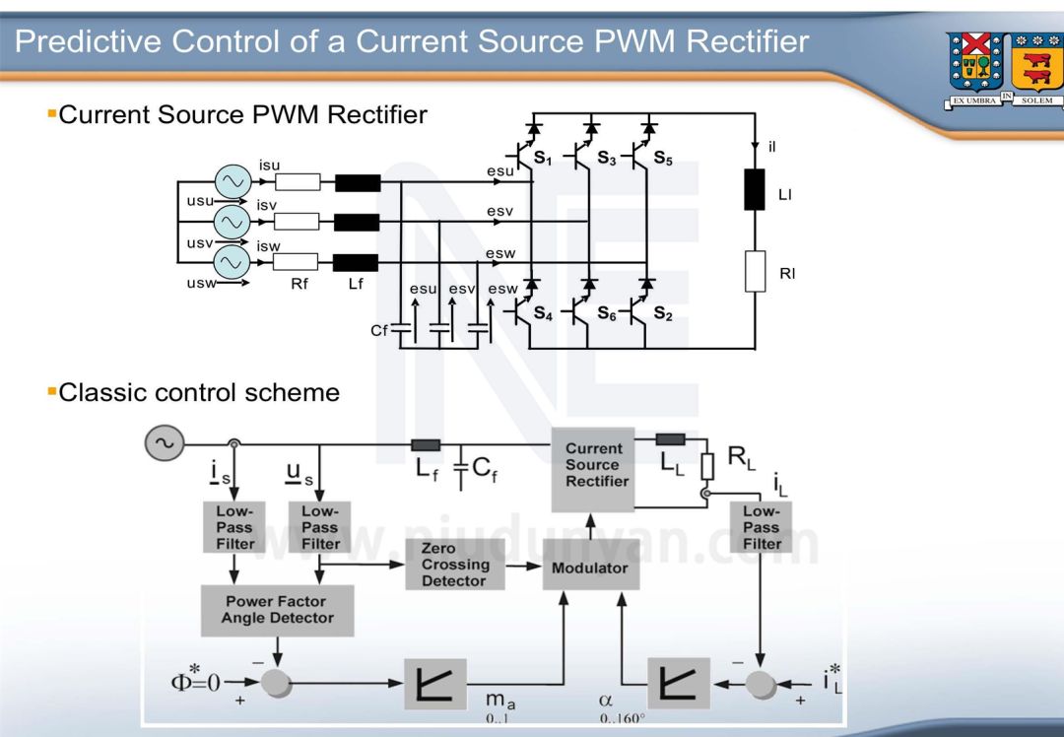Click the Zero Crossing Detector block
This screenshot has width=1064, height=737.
(454, 565)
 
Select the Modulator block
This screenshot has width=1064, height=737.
(589, 568)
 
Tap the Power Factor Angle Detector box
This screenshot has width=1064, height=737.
(277, 610)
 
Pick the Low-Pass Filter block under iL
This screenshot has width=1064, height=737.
(762, 527)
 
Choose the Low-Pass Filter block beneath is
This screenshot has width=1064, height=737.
(234, 527)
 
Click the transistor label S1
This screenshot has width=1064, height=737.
(544, 157)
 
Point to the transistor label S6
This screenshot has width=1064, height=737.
(607, 313)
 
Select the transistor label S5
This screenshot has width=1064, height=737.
(663, 157)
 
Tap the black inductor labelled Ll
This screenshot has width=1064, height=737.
(755, 189)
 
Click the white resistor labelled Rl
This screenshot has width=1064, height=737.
(755, 270)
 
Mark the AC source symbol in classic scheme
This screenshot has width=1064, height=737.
(164, 444)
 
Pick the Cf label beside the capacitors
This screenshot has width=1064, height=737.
(379, 331)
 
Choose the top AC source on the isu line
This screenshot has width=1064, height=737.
(233, 182)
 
